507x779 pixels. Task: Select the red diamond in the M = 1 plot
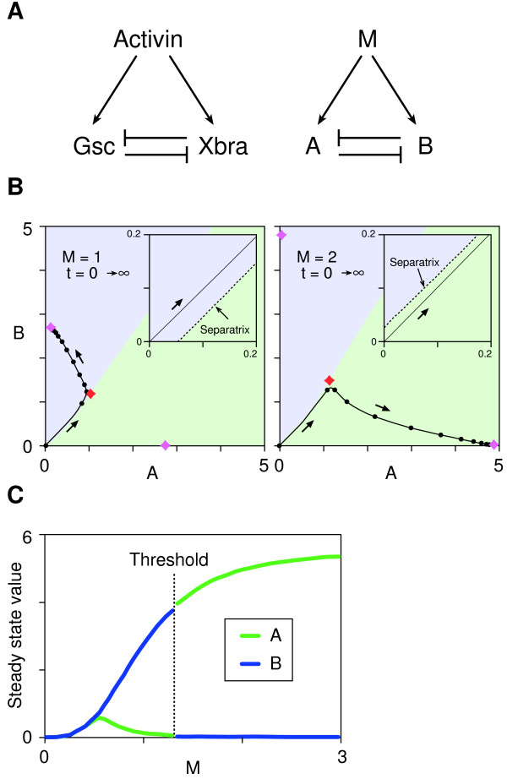coord(91,394)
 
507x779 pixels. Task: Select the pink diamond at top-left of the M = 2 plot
coord(281,234)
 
